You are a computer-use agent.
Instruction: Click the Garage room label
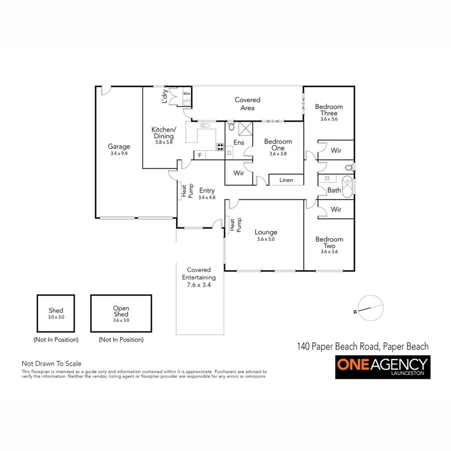coord(119,147)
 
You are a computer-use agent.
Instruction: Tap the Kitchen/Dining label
coord(164,133)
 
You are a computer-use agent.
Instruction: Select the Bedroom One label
coord(278,145)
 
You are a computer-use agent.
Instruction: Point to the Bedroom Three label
coord(329,110)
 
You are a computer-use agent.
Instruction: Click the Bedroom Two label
coord(329,242)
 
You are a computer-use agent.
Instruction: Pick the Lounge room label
coord(266,233)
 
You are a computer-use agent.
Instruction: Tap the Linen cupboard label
coord(286,180)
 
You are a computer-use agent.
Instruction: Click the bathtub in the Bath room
coord(346,185)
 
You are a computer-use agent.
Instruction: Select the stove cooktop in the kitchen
coord(220,147)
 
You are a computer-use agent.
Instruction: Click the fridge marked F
coord(199,156)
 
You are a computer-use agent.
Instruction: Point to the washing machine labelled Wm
coord(186,93)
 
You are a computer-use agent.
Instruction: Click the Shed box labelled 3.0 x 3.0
coord(56,313)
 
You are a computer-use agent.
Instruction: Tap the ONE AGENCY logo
coord(382,367)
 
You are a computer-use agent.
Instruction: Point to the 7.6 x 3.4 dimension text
coord(199,286)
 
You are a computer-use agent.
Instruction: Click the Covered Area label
coord(247,104)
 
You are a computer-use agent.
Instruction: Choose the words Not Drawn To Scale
coord(51,363)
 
